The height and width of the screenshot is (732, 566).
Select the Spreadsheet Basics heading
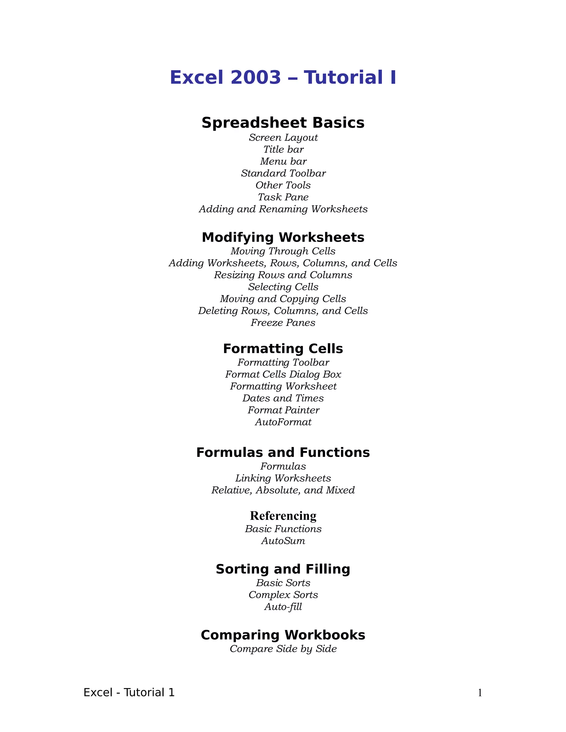283,123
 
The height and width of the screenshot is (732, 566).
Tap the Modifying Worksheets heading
283,237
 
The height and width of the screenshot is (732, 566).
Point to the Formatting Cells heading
283,349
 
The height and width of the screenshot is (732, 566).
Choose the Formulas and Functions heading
283,452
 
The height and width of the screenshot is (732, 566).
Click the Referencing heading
283,516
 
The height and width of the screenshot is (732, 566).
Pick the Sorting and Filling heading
283,569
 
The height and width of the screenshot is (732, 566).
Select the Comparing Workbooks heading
283,635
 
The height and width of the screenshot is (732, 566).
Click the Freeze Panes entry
283,323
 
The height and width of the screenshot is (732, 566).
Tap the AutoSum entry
283,541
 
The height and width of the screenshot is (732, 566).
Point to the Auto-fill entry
283,607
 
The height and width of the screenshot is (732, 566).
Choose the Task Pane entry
283,197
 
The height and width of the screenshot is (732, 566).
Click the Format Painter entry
283,410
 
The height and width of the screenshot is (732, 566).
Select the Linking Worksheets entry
283,478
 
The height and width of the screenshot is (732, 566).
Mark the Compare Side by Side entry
283,649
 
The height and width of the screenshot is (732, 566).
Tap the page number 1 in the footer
480,693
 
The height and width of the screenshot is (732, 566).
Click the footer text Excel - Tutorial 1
129,692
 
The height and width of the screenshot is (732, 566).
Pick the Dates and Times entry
283,398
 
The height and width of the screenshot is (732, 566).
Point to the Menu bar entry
283,162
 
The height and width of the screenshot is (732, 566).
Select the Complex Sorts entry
283,595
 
